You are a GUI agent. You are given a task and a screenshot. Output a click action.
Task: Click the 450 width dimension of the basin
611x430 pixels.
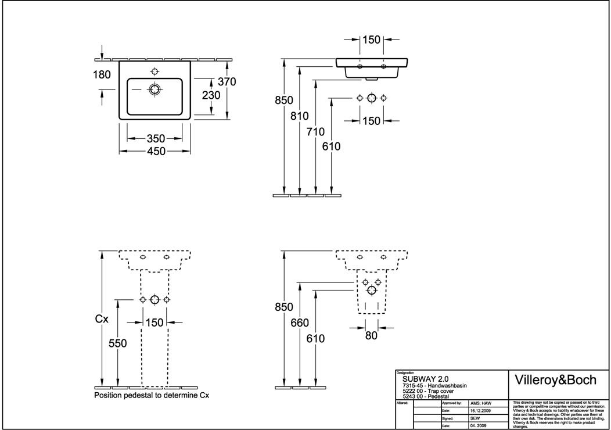point(156,151)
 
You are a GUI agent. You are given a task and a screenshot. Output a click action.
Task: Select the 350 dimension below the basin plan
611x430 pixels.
point(156,138)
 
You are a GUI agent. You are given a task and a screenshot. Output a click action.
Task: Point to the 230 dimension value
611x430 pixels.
point(211,95)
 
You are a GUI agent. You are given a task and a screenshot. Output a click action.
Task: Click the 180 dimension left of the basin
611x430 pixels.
point(102,74)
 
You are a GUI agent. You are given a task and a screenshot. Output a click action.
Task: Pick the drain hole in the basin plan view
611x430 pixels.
point(154,89)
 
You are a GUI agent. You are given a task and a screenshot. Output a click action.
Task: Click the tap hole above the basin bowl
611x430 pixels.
point(154,71)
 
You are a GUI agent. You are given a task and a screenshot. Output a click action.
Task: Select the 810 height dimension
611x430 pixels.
point(300,116)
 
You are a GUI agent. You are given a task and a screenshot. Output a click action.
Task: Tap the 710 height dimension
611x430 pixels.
point(315,131)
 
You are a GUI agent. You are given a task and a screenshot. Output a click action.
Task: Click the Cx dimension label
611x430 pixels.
point(102,318)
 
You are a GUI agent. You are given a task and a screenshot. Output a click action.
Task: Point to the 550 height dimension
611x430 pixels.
point(118,343)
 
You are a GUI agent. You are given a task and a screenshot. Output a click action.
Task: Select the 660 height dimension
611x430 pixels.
point(300,322)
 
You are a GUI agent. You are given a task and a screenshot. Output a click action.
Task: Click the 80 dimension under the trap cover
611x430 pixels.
point(371,335)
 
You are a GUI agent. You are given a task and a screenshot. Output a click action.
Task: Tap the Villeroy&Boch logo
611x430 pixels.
point(556,380)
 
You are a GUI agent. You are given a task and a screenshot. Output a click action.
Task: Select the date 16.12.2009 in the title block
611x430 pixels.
point(481,410)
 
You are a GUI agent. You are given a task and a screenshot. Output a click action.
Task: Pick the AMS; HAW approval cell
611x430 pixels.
point(481,402)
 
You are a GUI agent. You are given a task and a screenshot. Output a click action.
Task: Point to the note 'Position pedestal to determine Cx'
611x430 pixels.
point(151,395)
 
